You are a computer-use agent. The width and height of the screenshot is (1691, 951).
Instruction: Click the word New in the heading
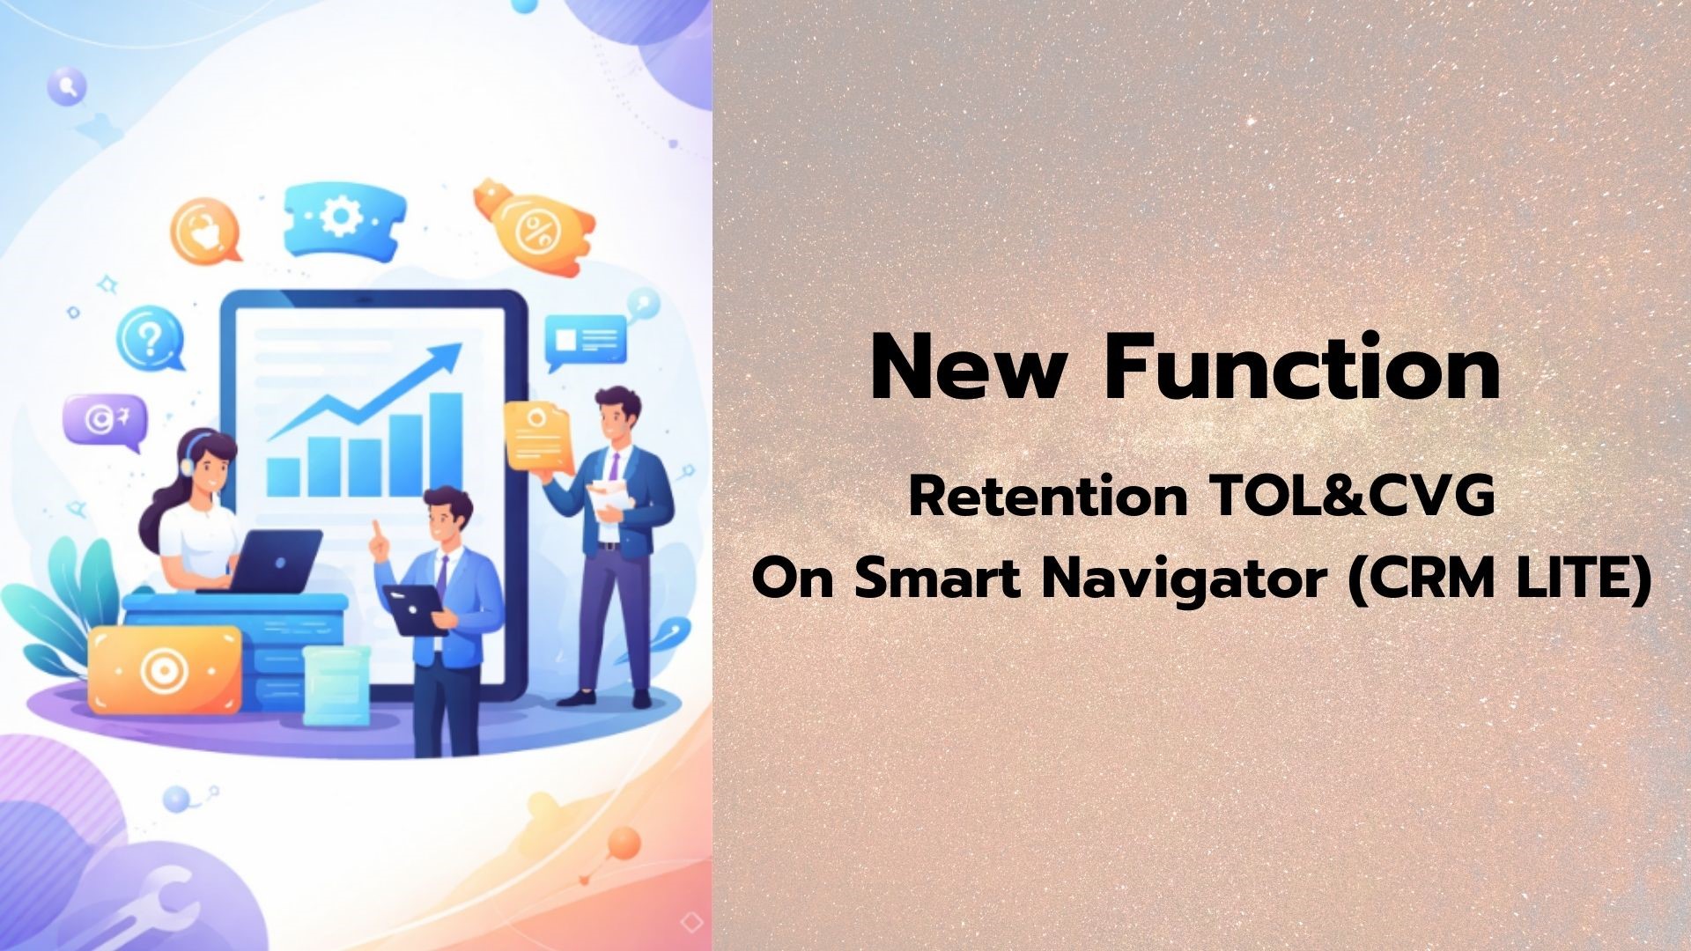click(967, 368)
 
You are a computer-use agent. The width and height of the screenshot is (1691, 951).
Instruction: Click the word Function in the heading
click(1303, 368)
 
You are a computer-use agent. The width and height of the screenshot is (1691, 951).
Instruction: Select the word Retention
click(1048, 498)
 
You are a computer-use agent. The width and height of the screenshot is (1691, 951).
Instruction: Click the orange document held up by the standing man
click(538, 435)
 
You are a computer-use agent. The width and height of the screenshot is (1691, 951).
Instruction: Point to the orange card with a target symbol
click(165, 670)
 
